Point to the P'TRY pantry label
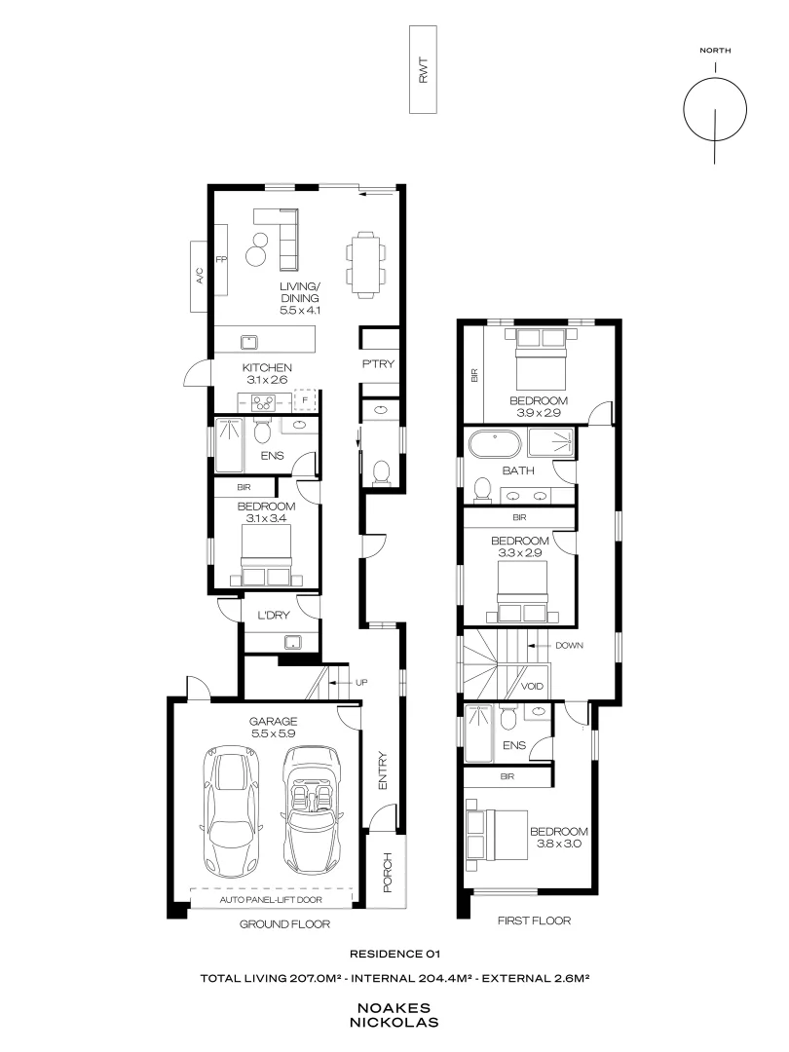tap(378, 364)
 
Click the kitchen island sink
tap(249, 340)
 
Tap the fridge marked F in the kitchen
tap(305, 399)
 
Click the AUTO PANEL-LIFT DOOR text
tap(272, 899)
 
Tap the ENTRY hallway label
tap(383, 770)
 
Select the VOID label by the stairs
tap(532, 686)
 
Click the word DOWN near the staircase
tap(570, 646)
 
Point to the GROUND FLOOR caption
tap(284, 924)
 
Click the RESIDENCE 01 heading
tap(394, 956)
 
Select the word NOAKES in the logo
tap(394, 1009)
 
